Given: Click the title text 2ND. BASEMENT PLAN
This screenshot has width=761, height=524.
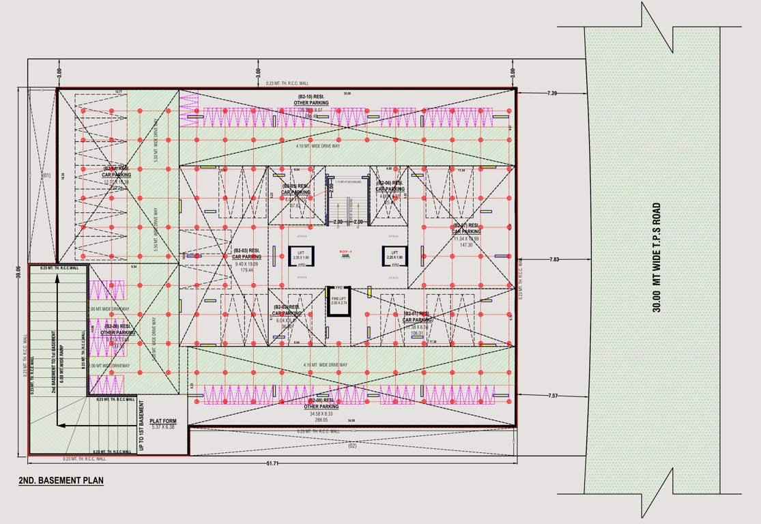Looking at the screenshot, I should pyautogui.click(x=61, y=481).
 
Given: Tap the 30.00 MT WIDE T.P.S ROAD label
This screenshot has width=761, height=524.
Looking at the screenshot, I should pyautogui.click(x=657, y=257).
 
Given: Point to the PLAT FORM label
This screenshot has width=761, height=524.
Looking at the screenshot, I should pyautogui.click(x=163, y=424).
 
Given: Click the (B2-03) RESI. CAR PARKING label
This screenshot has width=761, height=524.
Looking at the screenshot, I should pyautogui.click(x=246, y=254).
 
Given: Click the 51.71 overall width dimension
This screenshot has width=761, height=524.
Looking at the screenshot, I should pyautogui.click(x=272, y=464).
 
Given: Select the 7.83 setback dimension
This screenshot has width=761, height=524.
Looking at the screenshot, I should pyautogui.click(x=554, y=259).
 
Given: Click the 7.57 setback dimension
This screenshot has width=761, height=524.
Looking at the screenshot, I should pyautogui.click(x=552, y=396).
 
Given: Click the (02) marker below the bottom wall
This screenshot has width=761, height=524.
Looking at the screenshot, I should pyautogui.click(x=352, y=446).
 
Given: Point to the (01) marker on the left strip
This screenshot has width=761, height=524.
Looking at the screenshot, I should pyautogui.click(x=46, y=175).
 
